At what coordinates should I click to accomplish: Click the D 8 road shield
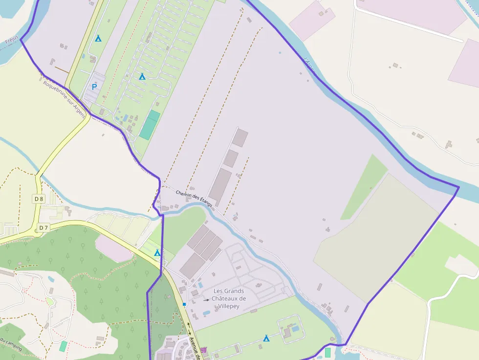[39, 199]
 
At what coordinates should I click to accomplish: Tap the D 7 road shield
[44, 228]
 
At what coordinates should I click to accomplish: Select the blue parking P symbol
[94, 87]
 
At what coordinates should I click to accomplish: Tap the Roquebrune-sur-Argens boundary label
[64, 100]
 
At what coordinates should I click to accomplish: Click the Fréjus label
[12, 40]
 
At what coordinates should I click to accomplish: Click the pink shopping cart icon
[203, 350]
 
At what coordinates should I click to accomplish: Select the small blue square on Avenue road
[184, 304]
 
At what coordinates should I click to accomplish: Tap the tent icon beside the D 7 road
[157, 253]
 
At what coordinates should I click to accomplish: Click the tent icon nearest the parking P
[98, 38]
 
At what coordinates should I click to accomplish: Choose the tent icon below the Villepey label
[266, 338]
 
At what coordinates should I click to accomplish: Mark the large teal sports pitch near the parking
[150, 125]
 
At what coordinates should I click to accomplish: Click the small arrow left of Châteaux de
[207, 300]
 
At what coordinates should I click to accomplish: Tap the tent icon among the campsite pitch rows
[142, 76]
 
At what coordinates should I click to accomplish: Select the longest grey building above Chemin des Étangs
[220, 188]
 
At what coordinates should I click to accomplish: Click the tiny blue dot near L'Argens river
[280, 52]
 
